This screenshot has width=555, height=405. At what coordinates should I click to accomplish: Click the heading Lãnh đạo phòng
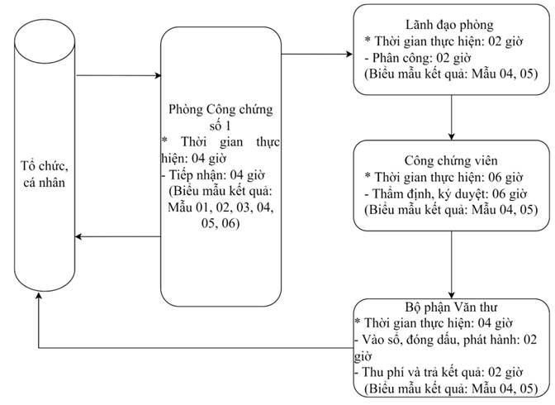point(449,25)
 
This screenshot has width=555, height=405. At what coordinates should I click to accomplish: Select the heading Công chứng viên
point(451,160)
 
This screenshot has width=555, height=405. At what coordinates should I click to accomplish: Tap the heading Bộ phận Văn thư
point(451,307)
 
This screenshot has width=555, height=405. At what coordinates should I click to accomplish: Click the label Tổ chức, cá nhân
point(45,174)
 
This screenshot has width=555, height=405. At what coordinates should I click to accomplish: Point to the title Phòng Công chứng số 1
point(221,117)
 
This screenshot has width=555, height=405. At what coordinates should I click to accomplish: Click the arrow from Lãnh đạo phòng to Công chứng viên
point(451,117)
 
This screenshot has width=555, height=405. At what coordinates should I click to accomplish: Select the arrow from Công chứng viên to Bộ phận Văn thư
point(451,264)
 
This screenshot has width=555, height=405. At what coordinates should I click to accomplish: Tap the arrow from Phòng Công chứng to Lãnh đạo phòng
point(317,55)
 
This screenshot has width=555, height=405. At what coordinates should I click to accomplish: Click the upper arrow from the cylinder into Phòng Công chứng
point(119,75)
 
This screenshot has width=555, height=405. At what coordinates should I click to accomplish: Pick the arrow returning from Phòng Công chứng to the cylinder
point(118,236)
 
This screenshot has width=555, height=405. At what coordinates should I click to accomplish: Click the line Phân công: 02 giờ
point(418,58)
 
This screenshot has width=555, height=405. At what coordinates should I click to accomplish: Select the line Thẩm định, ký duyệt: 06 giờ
point(446,193)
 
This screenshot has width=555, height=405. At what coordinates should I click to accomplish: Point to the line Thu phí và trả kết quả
point(439,372)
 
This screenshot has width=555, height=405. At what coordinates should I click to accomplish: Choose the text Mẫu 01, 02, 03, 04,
point(221,207)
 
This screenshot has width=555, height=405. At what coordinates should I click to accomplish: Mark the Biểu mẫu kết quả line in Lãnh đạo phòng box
point(451,74)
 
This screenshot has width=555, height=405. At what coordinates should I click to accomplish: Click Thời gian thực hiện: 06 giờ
point(444,177)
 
